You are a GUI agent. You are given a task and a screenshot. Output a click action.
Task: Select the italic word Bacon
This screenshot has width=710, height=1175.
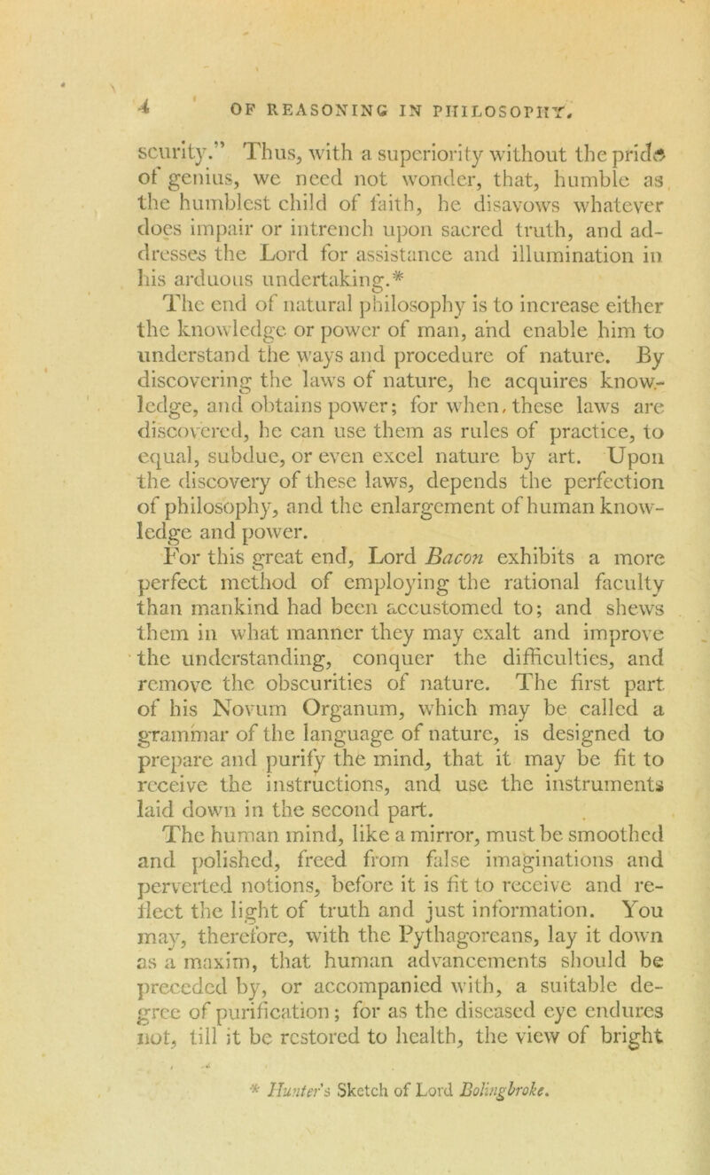coord(466,534)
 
